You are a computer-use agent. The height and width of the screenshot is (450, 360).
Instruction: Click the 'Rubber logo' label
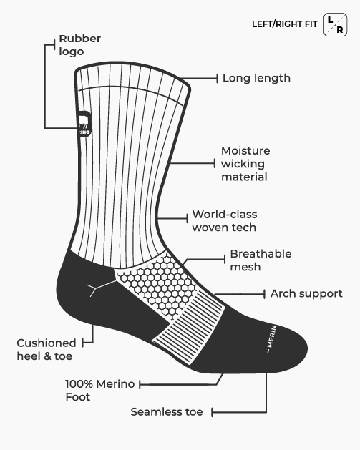coord(80,45)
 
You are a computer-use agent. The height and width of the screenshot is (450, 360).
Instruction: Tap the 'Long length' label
coord(256,78)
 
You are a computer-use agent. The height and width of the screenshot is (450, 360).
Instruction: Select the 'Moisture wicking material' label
coord(245,164)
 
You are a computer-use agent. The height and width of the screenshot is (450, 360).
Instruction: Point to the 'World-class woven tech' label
coord(225,220)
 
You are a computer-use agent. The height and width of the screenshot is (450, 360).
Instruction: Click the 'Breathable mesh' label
coord(261,260)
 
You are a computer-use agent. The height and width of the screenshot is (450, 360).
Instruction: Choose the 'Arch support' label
coord(306,293)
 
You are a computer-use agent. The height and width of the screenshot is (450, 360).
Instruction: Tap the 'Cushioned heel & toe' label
coord(47,350)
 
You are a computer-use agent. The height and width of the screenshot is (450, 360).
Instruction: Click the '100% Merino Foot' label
coord(100,391)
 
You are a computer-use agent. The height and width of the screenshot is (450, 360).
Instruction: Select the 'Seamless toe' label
coord(167,412)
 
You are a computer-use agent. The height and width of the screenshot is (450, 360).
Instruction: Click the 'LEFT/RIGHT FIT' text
coord(285,24)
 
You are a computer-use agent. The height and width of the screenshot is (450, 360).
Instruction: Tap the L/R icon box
coord(336,24)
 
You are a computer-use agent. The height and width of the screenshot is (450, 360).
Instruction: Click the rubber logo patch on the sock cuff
coord(84,124)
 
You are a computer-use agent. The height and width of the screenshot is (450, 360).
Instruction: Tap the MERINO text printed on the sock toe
coord(271,339)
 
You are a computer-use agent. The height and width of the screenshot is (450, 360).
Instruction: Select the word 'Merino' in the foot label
coord(115,384)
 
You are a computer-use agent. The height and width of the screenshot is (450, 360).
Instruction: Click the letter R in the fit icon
coord(340,29)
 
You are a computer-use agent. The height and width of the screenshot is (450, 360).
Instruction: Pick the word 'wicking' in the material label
coord(243,164)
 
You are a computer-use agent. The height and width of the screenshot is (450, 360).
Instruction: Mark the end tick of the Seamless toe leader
coord(212,412)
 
